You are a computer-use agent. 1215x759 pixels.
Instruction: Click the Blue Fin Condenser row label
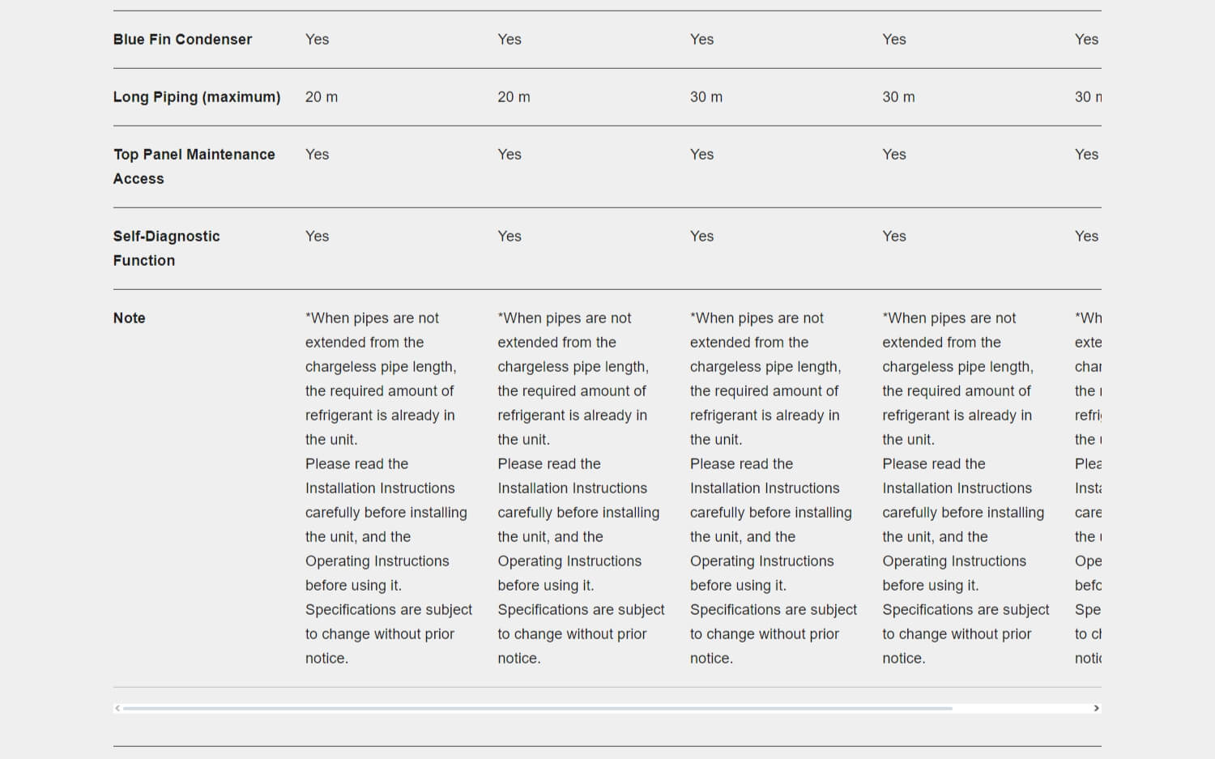182,40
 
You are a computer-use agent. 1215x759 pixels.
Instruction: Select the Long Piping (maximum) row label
197,97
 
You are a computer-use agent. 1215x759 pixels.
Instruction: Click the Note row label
130,318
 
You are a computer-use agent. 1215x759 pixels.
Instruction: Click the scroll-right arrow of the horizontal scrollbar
1096,708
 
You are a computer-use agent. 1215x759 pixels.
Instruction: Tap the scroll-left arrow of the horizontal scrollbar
118,708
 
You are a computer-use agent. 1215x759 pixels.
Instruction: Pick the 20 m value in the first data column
322,97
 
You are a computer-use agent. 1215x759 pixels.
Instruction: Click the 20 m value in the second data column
514,97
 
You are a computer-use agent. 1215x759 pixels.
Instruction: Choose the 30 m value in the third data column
706,97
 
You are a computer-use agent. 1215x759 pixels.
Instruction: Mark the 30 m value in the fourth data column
898,97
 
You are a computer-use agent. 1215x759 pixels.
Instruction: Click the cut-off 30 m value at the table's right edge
1088,97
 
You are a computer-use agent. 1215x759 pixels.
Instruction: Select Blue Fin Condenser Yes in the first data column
317,40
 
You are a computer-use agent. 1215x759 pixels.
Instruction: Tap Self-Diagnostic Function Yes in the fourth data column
894,237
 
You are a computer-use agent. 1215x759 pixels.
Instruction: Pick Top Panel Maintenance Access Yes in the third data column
701,155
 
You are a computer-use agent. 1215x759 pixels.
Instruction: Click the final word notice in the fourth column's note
903,659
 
